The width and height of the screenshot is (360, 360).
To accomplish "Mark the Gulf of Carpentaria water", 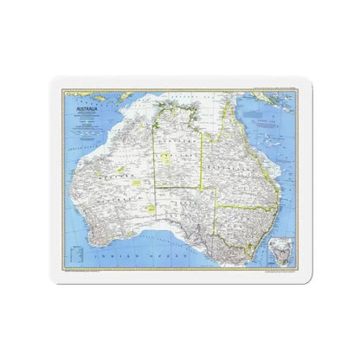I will pyautogui.click(x=207, y=130).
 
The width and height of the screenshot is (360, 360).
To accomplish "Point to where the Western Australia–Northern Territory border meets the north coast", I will pyautogui.click(x=156, y=119).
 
